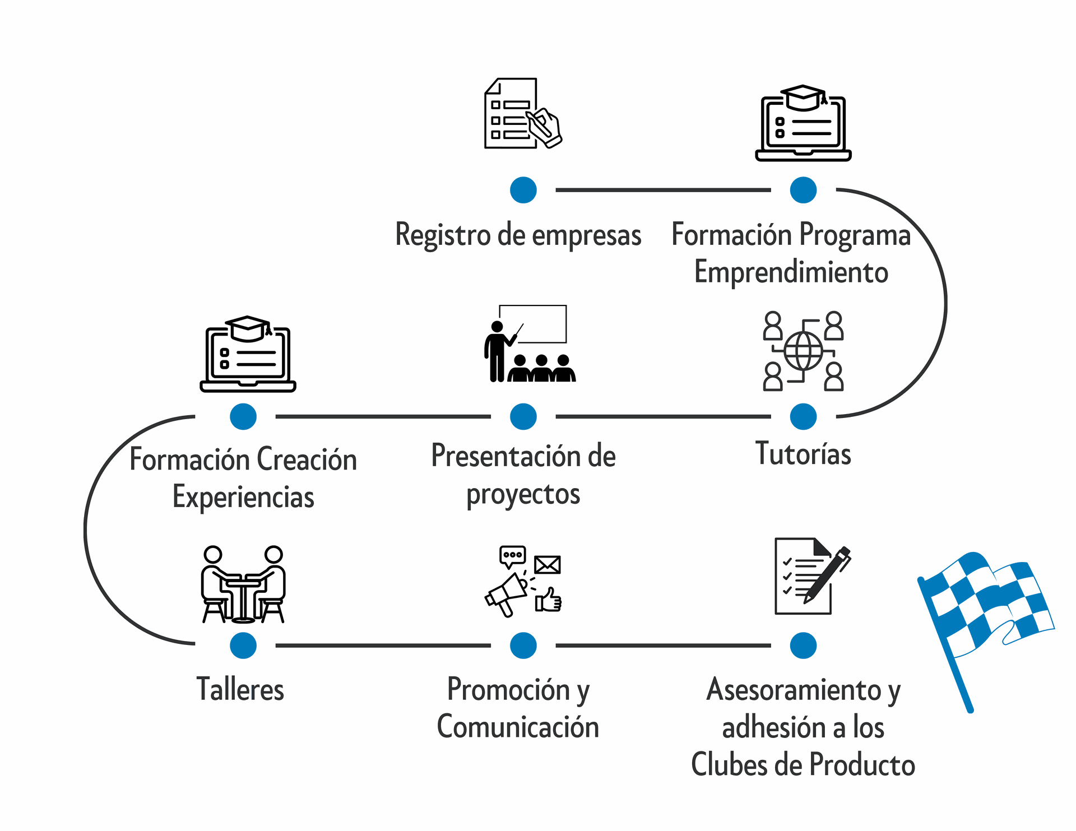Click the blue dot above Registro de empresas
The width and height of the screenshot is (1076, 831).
(x=523, y=190)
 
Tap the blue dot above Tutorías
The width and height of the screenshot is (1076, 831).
(x=803, y=416)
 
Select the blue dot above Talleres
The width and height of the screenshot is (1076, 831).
(x=243, y=646)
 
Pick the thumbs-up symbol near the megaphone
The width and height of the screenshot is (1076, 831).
(x=549, y=600)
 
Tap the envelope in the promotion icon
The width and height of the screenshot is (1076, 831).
(x=547, y=565)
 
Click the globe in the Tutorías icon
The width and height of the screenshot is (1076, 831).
(x=803, y=351)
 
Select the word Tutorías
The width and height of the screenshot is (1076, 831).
(x=803, y=454)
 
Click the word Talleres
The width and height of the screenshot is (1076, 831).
(x=240, y=689)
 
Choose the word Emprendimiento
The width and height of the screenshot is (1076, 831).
(x=791, y=272)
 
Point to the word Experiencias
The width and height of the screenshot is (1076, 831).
(x=243, y=497)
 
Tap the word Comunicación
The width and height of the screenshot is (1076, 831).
(x=518, y=727)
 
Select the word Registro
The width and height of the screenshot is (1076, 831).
(x=443, y=235)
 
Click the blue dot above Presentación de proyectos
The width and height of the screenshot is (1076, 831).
(x=523, y=416)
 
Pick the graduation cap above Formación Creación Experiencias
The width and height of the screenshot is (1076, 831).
(x=248, y=328)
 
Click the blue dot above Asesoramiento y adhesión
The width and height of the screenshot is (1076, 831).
(x=803, y=646)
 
